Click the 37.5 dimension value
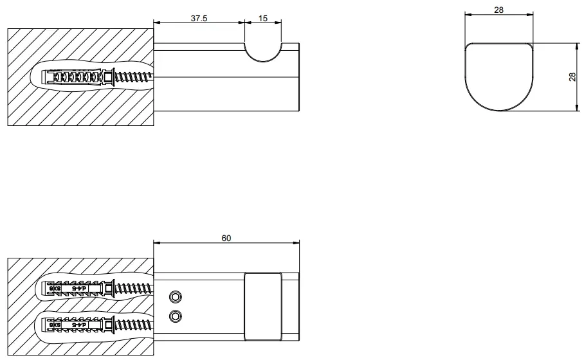(x=199, y=18)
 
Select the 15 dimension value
(x=263, y=18)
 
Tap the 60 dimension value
(x=226, y=238)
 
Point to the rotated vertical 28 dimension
(x=572, y=77)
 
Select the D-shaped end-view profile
(x=500, y=76)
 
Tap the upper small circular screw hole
(x=174, y=296)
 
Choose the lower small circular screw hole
(x=174, y=316)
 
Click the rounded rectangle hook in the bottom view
(x=263, y=306)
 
